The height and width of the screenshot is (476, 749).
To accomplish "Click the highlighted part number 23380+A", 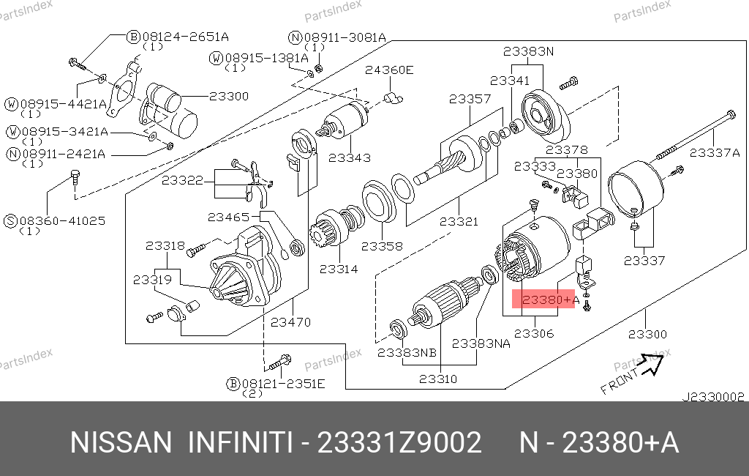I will (546, 300).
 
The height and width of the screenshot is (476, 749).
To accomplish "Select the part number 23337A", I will (715, 152).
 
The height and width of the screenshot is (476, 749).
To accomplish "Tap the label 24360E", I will (389, 70).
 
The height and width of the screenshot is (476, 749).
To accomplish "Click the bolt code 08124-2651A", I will (176, 36).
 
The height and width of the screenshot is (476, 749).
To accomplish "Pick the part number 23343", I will (349, 157).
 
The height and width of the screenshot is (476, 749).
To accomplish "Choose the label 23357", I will (470, 99).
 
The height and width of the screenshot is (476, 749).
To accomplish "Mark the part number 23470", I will (290, 321).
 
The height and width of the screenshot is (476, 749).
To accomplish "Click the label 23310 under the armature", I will (438, 379).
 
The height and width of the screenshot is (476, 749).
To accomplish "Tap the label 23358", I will (382, 246).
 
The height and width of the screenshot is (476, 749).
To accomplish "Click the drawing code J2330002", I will (712, 397).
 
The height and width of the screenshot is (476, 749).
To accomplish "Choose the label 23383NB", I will (407, 352).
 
